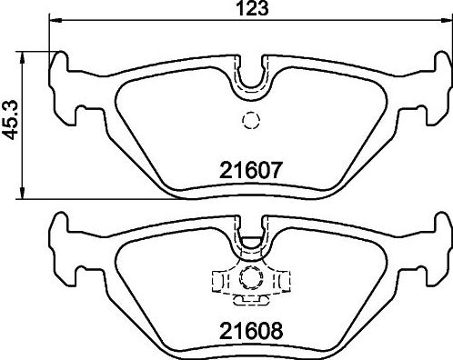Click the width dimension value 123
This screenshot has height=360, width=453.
coord(253,8)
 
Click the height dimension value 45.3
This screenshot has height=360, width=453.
coord(10,121)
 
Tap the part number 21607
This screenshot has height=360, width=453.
coord(251,170)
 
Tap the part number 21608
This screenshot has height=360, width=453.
coord(251,331)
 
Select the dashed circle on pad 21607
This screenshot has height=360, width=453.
coord(251,121)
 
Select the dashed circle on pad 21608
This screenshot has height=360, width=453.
coord(251,277)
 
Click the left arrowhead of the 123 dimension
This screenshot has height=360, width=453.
coord(55,20)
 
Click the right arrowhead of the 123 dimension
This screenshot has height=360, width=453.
coord(446,20)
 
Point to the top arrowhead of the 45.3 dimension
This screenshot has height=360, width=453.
coord(22,57)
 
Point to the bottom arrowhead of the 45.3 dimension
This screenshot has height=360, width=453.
coord(22,193)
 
